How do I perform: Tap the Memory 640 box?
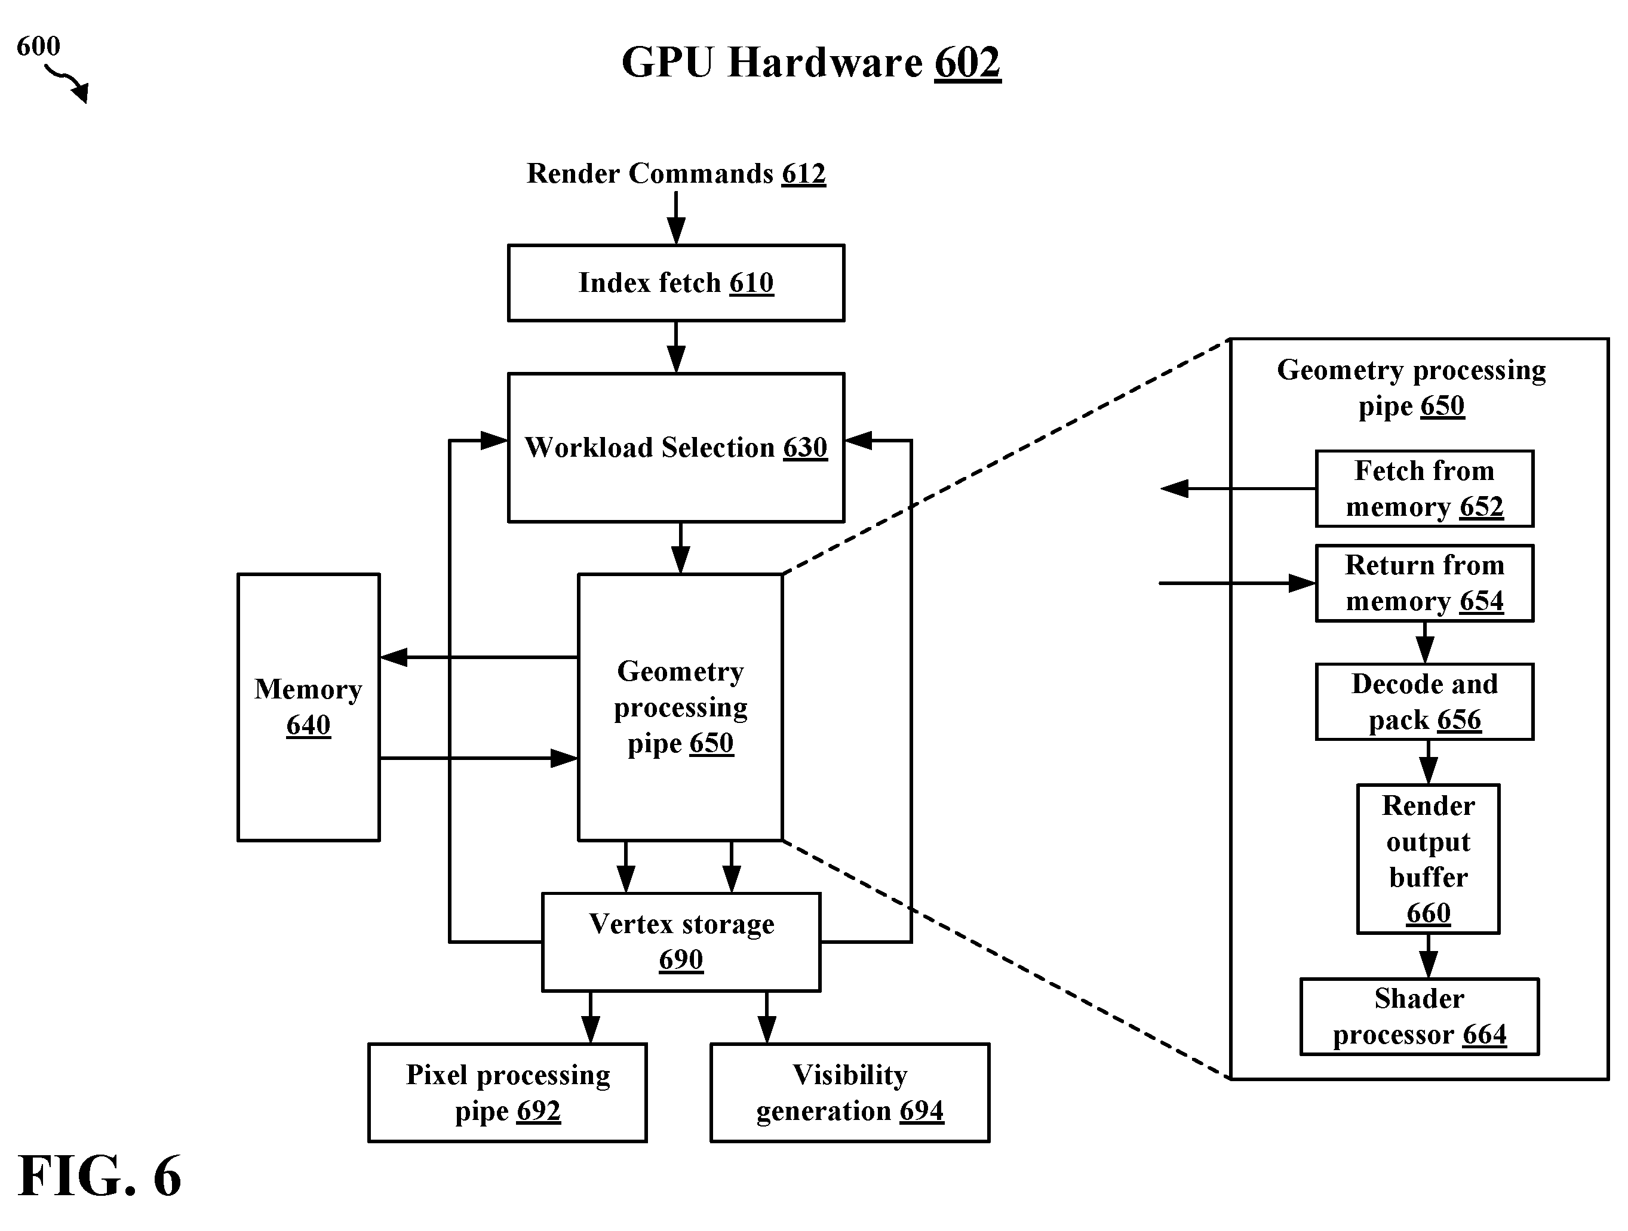click(x=308, y=707)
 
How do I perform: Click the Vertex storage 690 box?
click(x=681, y=942)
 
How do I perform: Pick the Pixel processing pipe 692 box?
click(x=508, y=1092)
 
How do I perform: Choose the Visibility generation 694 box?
click(x=850, y=1092)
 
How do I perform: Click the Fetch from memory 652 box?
click(x=1425, y=488)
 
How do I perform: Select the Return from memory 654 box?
click(x=1425, y=583)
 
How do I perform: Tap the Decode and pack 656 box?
click(x=1425, y=702)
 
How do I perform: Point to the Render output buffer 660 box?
click(x=1429, y=858)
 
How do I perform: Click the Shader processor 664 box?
click(x=1420, y=1017)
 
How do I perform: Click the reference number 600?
click(x=38, y=47)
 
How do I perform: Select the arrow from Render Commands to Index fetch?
click(x=675, y=218)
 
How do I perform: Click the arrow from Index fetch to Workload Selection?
click(x=675, y=347)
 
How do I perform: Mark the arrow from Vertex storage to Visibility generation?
click(x=767, y=1017)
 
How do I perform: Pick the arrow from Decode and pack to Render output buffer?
click(x=1429, y=762)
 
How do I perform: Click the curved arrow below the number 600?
click(x=67, y=83)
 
